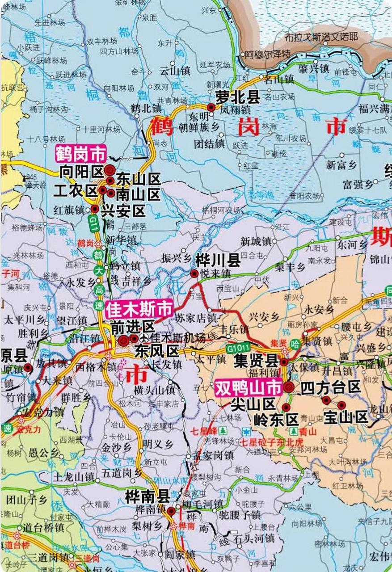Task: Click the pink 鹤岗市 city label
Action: click(x=80, y=154)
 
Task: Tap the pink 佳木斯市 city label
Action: click(x=139, y=309)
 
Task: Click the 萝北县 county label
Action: click(x=238, y=97)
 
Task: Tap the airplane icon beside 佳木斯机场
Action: click(x=144, y=338)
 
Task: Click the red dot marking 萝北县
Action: click(x=211, y=107)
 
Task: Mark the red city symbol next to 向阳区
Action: click(x=110, y=170)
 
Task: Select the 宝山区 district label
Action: click(x=346, y=417)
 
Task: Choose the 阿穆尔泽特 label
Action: click(x=267, y=55)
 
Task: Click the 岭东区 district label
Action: click(x=275, y=420)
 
